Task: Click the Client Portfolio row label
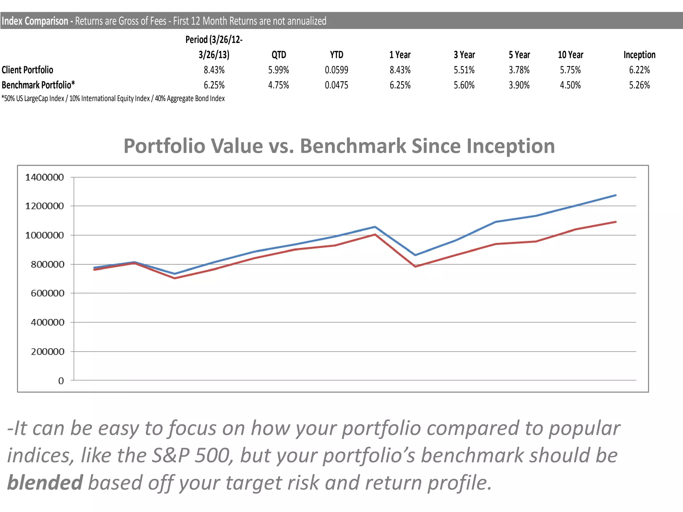pos(27,70)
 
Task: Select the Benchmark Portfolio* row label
pos(38,85)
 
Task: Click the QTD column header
pos(278,55)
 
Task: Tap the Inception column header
pos(639,55)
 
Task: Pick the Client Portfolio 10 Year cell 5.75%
pos(570,70)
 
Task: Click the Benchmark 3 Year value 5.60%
pos(464,85)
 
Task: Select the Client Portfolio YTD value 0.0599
pos(336,70)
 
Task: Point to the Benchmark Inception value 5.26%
pos(639,85)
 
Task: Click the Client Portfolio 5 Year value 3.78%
pos(519,70)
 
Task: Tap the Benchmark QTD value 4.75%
pos(278,85)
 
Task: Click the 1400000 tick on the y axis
pos(44,177)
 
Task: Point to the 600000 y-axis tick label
pos(47,293)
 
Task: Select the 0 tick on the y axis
pos(61,381)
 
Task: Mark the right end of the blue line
pos(615,195)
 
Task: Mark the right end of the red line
pos(615,222)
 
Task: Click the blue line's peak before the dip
pos(375,227)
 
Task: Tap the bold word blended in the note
pos(45,483)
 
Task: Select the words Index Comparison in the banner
pos(35,21)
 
